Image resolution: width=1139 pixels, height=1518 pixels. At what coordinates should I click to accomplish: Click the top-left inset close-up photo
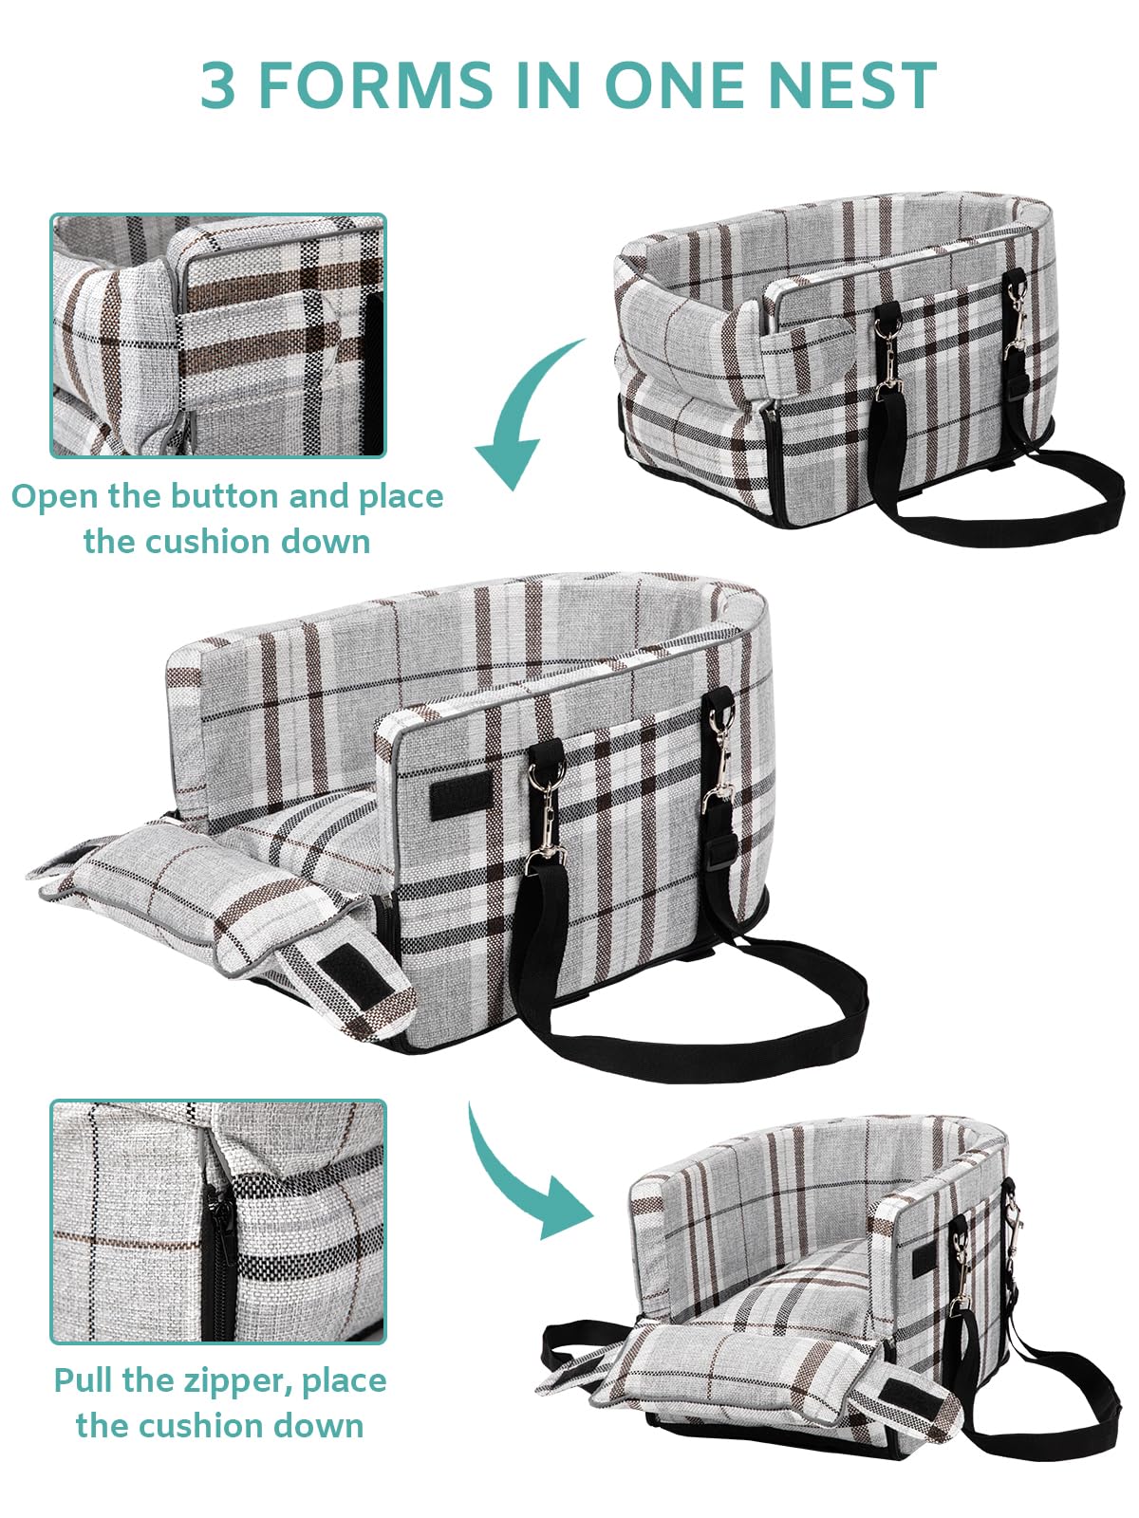(x=218, y=335)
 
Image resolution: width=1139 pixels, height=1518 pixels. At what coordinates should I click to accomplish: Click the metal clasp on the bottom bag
(x=964, y=1271)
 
